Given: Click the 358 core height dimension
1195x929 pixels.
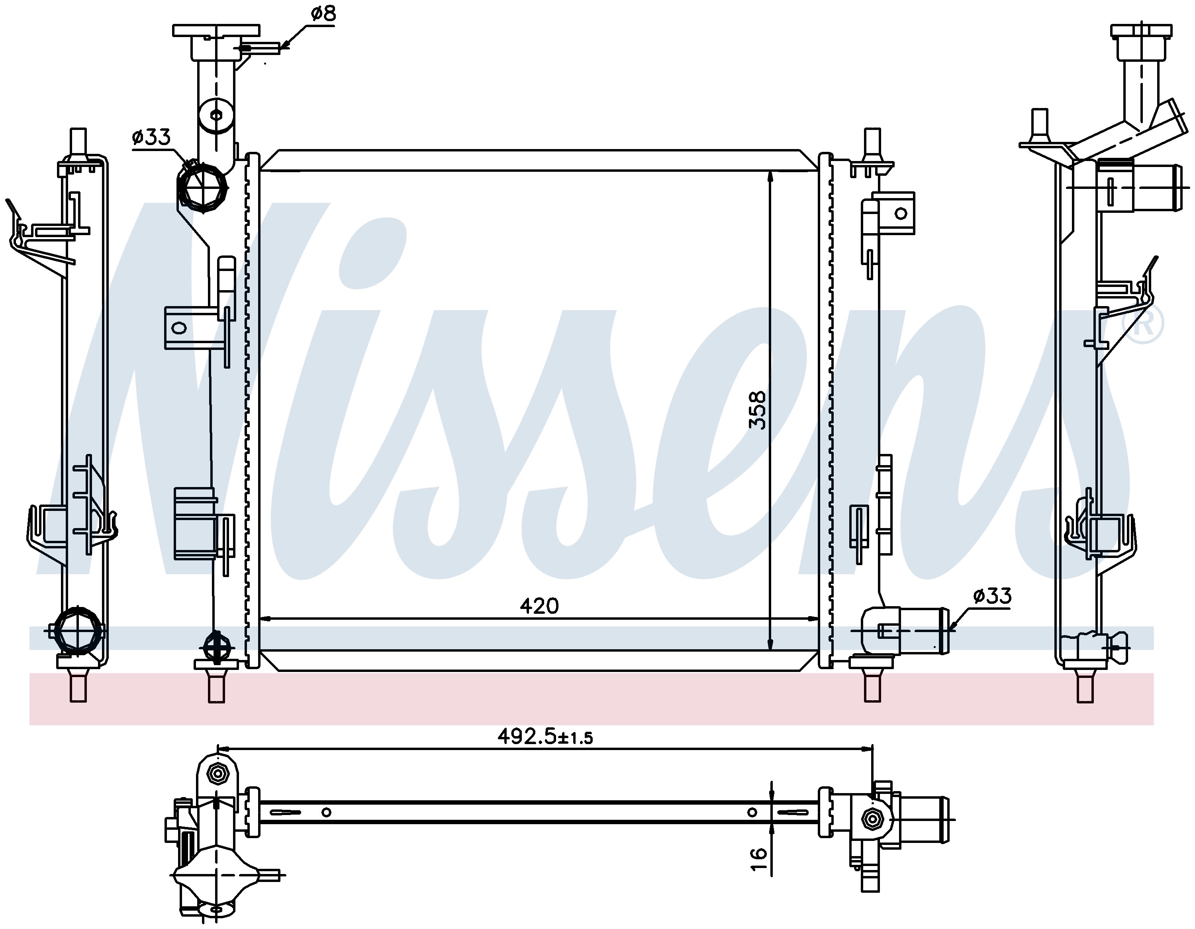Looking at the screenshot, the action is coord(757,409).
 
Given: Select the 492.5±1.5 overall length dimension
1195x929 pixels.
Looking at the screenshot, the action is coord(545,736).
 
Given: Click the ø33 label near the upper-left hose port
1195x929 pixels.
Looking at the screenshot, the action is coord(151,137).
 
